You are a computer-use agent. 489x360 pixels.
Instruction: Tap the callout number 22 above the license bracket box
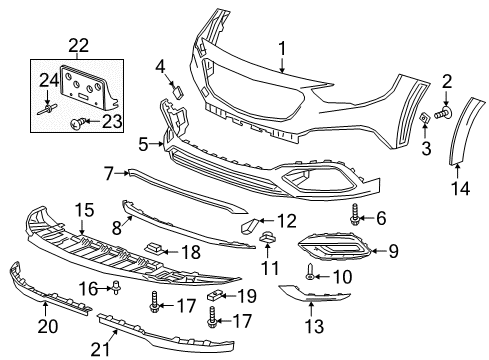tap(78, 44)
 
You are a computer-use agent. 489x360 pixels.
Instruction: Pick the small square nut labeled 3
tap(424, 120)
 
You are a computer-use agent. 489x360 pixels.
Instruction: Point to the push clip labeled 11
tap(268, 237)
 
